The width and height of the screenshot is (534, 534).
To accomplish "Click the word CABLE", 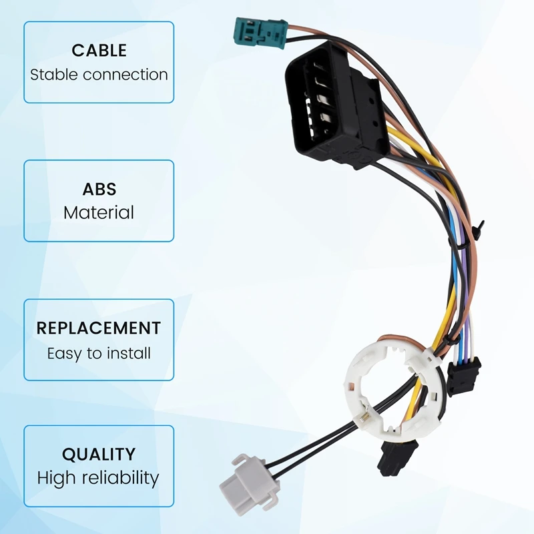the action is (x=99, y=51).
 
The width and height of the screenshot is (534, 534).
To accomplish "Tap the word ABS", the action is (x=99, y=189).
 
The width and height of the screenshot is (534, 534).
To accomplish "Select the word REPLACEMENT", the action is (x=99, y=328).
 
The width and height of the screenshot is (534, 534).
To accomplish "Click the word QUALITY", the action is (x=99, y=455).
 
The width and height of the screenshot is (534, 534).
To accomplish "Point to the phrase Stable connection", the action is (x=99, y=74).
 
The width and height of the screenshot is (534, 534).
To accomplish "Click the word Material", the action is (x=99, y=213).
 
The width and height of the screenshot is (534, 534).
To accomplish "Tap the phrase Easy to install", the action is (x=99, y=353).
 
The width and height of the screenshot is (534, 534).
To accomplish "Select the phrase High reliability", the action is (x=99, y=478).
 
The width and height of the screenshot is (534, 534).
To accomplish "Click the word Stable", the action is (x=51, y=74).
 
